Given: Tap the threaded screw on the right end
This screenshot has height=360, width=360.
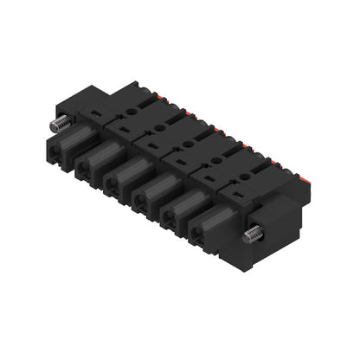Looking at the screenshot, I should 254,234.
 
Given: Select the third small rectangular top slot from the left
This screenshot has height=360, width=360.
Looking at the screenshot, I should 152,145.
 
